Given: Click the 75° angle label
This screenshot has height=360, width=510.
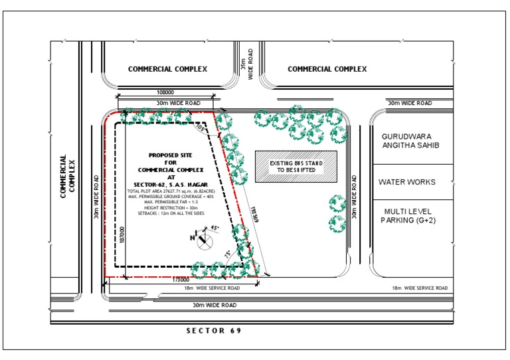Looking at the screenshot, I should [x=228, y=254].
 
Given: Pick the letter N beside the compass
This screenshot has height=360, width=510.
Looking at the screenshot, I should [x=193, y=237].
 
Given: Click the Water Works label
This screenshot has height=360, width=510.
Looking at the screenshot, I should [x=407, y=181].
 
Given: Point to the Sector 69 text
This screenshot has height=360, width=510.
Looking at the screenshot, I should [x=213, y=330].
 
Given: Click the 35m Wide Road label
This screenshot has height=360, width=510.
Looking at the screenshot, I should [x=248, y=64].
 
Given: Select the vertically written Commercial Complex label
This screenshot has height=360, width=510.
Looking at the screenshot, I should [x=68, y=177].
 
